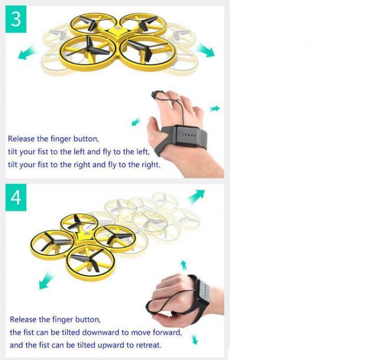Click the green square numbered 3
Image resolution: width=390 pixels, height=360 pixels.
click(16, 19)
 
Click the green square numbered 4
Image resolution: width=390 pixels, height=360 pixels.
click(16, 197)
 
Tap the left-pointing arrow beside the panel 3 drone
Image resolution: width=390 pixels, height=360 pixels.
click(26, 53)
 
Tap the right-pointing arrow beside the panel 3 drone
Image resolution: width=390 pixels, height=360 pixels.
click(206, 50)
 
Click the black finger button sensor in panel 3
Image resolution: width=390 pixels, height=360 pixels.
click(154, 95)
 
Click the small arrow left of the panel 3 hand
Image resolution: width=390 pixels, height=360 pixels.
click(136, 122)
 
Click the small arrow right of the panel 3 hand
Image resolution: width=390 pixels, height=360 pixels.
click(215, 109)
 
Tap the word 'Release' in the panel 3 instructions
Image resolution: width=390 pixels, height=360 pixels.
click(21, 139)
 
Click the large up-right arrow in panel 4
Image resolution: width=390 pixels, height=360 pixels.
click(196, 196)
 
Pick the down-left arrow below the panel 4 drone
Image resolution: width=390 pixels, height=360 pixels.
click(46, 281)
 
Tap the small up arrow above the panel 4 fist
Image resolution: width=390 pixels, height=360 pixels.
click(184, 265)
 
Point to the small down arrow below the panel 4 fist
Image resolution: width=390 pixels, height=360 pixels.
click(195, 339)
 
